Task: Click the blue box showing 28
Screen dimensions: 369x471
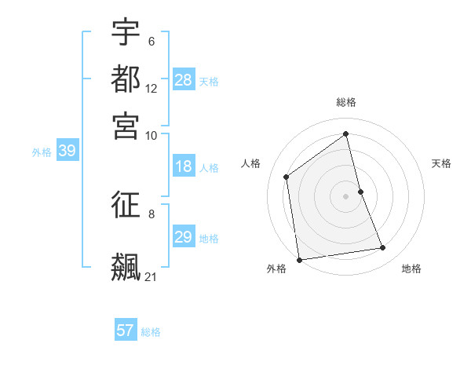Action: coord(184,80)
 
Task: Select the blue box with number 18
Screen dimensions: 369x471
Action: coord(184,166)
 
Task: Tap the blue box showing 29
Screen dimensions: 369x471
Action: coord(184,237)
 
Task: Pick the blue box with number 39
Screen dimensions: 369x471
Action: coord(67,152)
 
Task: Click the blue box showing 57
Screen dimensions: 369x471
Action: coord(126,331)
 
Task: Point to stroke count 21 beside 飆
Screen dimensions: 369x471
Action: coord(152,276)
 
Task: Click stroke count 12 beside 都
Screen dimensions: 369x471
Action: coord(152,89)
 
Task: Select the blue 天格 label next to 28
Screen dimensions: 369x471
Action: coord(209,81)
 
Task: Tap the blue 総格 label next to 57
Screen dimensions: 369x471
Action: coord(151,331)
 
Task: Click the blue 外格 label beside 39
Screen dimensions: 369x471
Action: coord(42,152)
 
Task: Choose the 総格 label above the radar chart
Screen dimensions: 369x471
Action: coord(346,102)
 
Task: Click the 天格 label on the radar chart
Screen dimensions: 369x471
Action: coord(441,163)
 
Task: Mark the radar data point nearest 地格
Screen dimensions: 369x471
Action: coord(383,248)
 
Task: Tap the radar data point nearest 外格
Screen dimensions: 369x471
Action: coord(299,259)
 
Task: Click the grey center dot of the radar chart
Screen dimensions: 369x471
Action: coord(346,195)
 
